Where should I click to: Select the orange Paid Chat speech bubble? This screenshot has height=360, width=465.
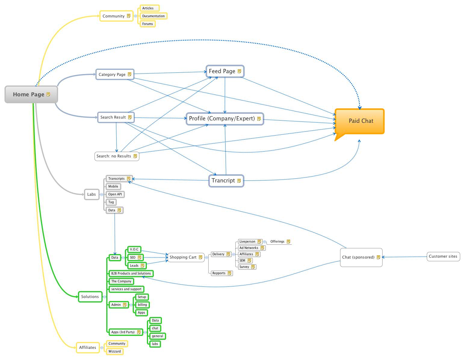point(360,121)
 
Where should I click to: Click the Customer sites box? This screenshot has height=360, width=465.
point(443,256)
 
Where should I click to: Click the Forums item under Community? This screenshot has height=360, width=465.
point(147,24)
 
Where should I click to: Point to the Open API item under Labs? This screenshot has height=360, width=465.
point(115,194)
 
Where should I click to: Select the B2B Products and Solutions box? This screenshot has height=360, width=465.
point(131,274)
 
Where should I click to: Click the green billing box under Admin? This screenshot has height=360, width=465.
point(142,305)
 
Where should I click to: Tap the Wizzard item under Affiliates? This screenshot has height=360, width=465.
point(114,351)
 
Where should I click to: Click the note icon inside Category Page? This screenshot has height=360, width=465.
point(129,74)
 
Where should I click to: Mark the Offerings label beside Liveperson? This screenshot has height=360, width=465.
point(277,241)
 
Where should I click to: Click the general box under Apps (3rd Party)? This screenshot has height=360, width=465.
point(157,336)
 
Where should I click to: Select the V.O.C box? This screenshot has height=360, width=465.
point(134,249)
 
